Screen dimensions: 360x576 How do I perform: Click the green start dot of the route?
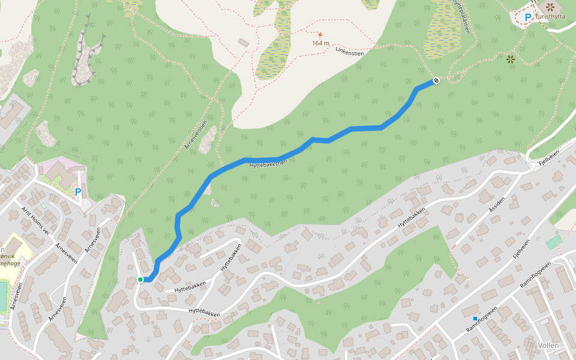[140, 280]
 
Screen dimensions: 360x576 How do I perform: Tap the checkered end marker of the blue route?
[436, 80]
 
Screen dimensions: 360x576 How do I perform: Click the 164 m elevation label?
[320, 43]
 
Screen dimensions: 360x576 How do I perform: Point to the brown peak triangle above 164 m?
[320, 34]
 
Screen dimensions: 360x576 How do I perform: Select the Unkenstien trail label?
[350, 52]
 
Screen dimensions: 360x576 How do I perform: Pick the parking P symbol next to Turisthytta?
[528, 18]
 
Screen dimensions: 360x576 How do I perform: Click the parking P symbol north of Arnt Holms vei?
[77, 192]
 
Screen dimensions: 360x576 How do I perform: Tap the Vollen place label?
[548, 346]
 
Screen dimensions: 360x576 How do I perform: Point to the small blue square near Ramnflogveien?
[475, 318]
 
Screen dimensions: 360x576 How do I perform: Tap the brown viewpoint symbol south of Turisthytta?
[510, 59]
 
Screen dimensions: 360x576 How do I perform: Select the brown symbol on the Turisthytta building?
[550, 7]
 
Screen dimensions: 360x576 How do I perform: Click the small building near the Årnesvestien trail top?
[243, 43]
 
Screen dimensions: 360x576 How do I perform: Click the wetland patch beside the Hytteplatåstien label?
[442, 30]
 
